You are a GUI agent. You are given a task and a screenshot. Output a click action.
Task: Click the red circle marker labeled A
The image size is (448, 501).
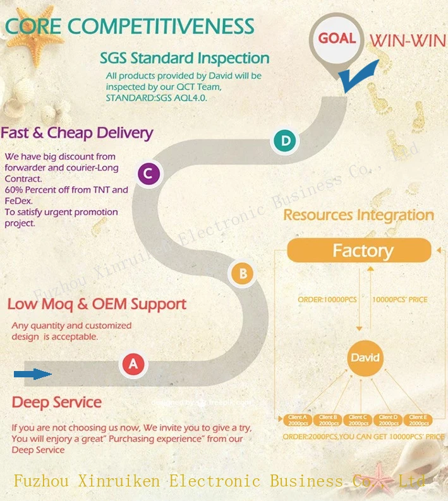(133, 364)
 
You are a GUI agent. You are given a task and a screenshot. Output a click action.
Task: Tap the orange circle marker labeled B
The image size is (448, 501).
(243, 273)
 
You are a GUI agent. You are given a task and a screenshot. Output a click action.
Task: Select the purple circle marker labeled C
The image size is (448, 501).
(148, 174)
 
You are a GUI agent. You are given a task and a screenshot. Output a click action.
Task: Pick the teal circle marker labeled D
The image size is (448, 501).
(286, 141)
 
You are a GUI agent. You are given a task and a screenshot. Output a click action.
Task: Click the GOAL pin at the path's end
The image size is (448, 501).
(336, 38)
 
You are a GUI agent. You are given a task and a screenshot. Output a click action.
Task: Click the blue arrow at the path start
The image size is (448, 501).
(33, 374)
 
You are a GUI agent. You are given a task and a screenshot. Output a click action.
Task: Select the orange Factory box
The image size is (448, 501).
(363, 250)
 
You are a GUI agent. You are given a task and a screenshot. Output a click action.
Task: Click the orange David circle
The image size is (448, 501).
(365, 358)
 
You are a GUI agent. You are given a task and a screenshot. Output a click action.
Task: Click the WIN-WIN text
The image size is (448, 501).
(407, 39)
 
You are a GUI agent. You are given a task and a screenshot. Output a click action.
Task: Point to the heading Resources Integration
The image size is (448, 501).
(358, 215)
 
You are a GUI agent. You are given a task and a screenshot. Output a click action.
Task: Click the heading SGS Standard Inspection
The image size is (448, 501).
(185, 58)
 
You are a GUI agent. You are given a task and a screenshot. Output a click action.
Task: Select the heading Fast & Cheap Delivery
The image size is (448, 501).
(76, 133)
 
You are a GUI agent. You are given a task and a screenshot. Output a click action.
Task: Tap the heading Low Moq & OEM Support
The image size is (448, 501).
(97, 304)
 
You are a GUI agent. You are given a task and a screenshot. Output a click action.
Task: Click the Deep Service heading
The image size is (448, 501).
(57, 402)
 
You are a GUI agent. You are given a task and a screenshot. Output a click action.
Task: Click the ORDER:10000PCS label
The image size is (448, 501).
(327, 299)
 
